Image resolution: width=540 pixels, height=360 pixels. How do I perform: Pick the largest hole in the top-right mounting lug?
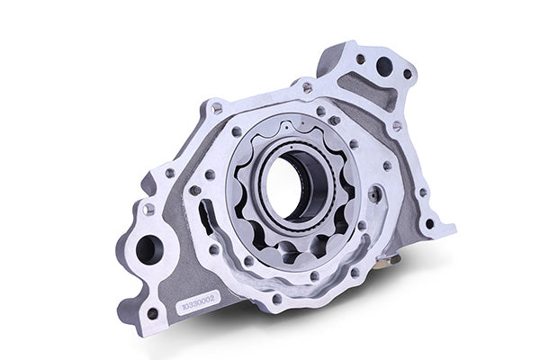(384, 66)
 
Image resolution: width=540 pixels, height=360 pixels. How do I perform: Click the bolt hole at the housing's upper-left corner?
(217, 108)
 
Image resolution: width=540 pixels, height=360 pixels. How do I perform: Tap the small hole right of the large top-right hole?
(407, 74)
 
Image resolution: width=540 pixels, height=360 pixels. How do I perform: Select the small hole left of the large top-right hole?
(360, 59)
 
